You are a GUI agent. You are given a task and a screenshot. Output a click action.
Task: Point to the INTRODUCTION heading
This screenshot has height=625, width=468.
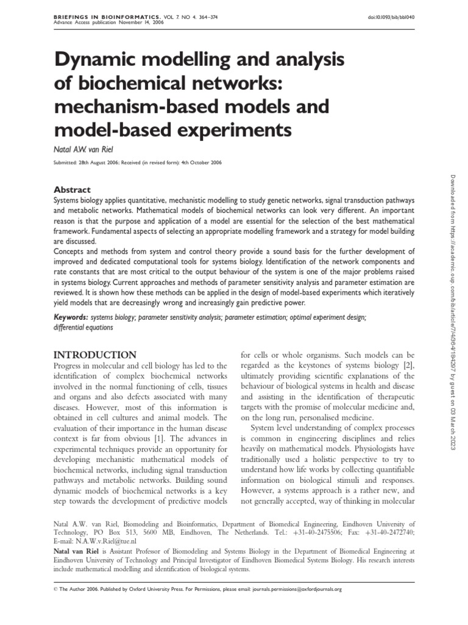pyautogui.click(x=95, y=355)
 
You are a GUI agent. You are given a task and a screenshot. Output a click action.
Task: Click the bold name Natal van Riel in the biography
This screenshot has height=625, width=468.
pyautogui.click(x=79, y=550)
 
